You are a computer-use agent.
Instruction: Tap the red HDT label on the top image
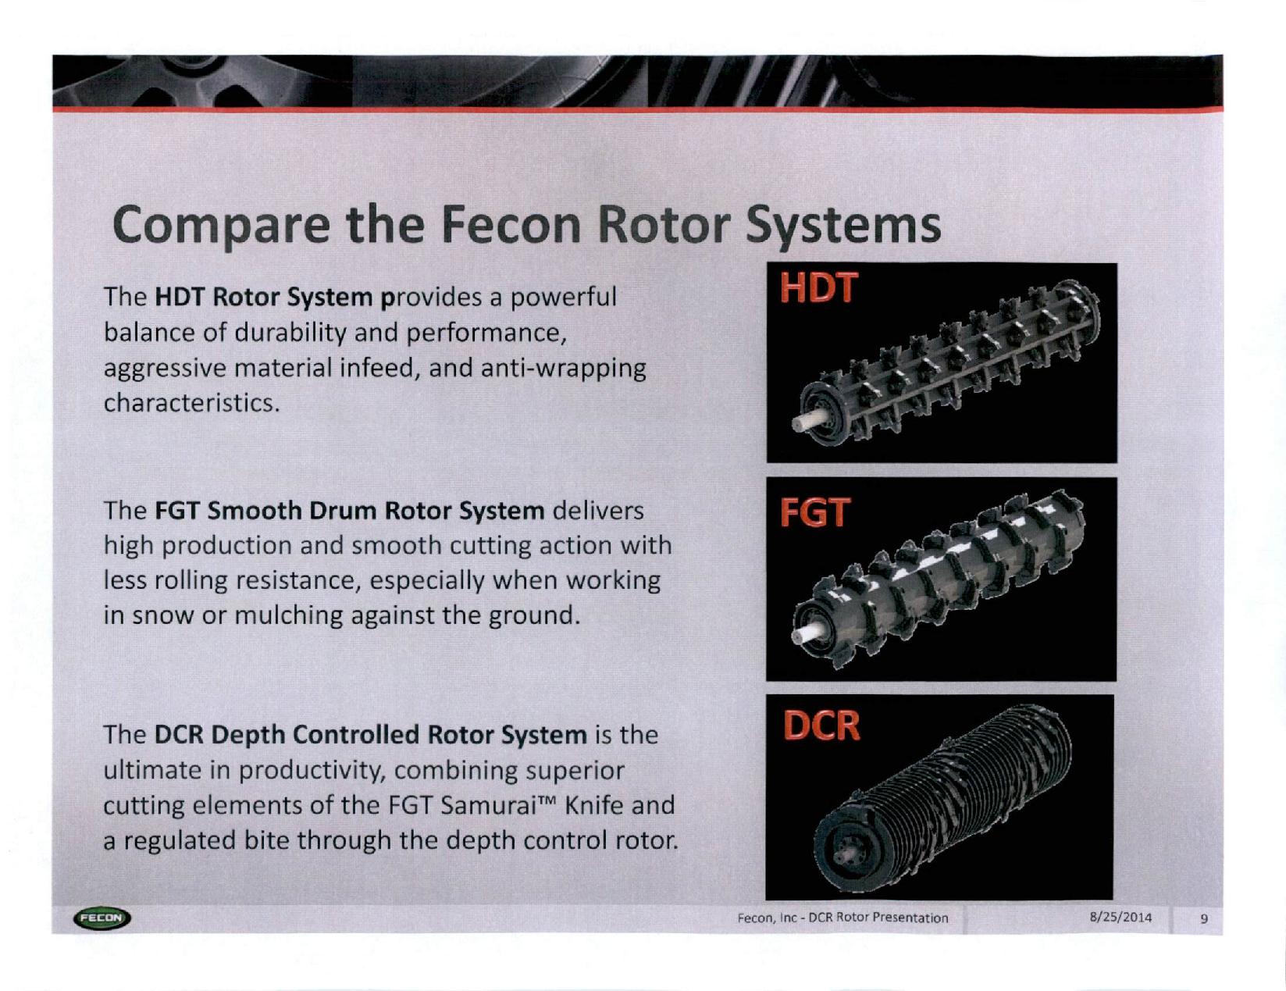pyautogui.click(x=818, y=289)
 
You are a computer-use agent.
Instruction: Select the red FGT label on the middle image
pyautogui.click(x=815, y=512)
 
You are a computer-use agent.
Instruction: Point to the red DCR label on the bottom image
pyautogui.click(x=821, y=725)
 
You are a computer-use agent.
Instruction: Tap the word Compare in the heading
pyautogui.click(x=221, y=226)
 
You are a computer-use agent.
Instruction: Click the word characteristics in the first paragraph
pyautogui.click(x=191, y=404)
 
